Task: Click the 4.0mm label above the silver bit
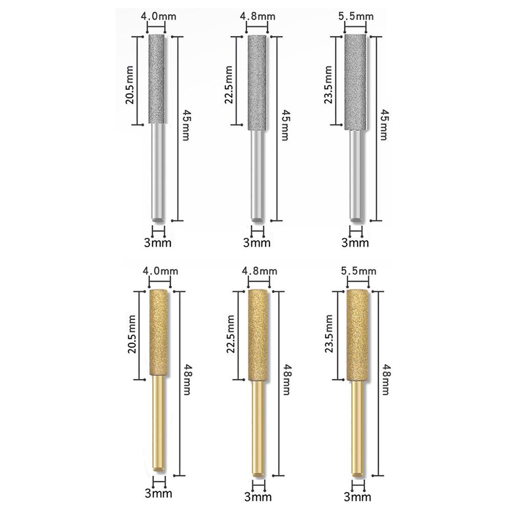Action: (158, 16)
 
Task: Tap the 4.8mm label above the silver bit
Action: (257, 16)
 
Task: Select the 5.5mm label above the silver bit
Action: (357, 16)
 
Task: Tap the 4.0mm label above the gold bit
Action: (158, 270)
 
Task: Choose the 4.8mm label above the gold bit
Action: (258, 270)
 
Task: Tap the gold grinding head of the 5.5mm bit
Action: (357, 335)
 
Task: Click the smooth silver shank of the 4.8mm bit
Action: (257, 174)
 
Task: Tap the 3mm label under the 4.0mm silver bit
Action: (158, 241)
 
